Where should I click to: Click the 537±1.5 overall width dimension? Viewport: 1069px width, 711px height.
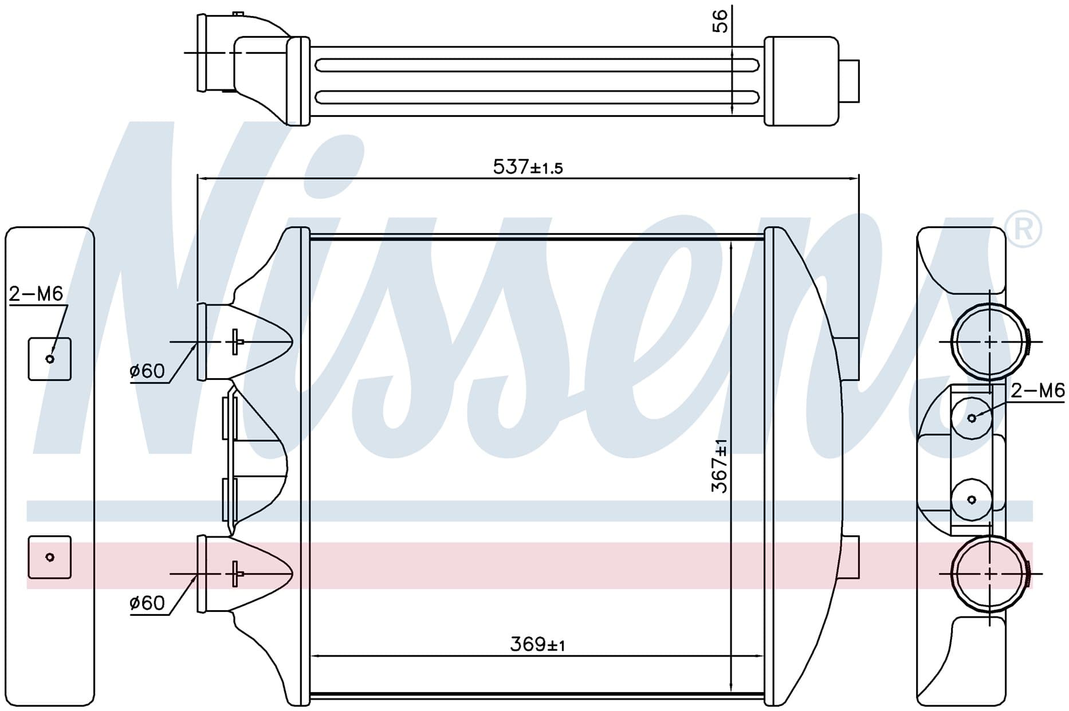click(x=528, y=167)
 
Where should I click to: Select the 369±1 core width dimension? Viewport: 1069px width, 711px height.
click(x=537, y=645)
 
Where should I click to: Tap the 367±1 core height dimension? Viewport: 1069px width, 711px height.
click(x=720, y=466)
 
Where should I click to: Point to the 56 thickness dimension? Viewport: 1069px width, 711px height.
click(x=720, y=21)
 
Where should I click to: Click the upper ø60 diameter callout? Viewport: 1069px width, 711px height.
click(x=147, y=371)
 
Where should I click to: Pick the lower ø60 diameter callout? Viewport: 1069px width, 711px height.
click(x=147, y=603)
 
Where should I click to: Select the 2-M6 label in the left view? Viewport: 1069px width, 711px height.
click(x=36, y=294)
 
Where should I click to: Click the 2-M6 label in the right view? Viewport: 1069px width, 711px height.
click(x=1037, y=391)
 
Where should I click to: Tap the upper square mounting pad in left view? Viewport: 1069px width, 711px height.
click(x=50, y=359)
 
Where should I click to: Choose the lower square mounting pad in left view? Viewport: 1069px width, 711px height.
click(x=50, y=557)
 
